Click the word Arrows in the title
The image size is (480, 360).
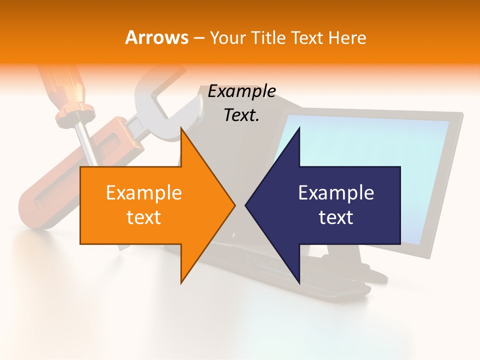156,37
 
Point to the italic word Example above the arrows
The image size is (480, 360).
241,91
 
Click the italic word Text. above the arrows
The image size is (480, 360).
241,115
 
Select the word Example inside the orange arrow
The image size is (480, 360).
143,192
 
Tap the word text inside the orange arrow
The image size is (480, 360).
143,217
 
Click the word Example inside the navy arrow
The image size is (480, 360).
336,192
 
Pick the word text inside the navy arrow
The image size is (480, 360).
336,217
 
